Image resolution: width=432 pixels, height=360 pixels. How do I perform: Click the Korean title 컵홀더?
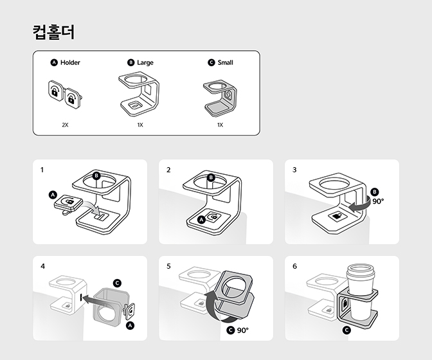pyautogui.click(x=53, y=32)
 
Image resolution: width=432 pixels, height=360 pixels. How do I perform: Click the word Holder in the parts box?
pyautogui.click(x=70, y=62)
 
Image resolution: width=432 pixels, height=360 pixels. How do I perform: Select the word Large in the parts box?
pyautogui.click(x=145, y=62)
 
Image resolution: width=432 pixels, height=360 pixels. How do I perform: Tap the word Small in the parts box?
pyautogui.click(x=225, y=62)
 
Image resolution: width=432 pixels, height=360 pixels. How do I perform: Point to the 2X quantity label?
pyautogui.click(x=64, y=125)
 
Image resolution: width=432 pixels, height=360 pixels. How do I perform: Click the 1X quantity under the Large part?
pyautogui.click(x=139, y=125)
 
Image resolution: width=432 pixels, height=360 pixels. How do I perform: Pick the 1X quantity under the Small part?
pyautogui.click(x=220, y=125)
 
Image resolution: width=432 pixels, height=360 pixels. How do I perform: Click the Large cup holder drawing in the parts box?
pyautogui.click(x=139, y=93)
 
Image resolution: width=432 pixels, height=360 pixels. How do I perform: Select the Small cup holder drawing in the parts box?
pyautogui.click(x=220, y=96)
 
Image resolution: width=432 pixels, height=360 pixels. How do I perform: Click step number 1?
pyautogui.click(x=42, y=170)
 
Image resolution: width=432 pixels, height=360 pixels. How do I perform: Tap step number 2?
pyautogui.click(x=168, y=170)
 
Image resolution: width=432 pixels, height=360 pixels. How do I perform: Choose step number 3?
pyautogui.click(x=294, y=170)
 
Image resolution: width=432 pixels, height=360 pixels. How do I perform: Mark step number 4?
pyautogui.click(x=42, y=265)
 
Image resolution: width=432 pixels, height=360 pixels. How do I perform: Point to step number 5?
pyautogui.click(x=168, y=265)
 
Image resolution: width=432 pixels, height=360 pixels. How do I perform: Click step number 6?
pyautogui.click(x=294, y=265)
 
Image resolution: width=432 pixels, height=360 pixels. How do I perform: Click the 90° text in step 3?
pyautogui.click(x=378, y=201)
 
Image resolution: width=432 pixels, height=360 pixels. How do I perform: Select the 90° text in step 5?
pyautogui.click(x=242, y=330)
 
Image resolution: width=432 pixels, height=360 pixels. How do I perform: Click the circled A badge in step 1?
pyautogui.click(x=53, y=195)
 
